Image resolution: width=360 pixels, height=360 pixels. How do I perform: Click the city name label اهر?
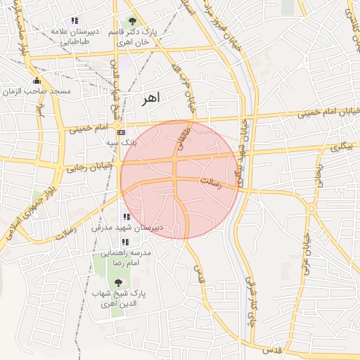click(x=150, y=98)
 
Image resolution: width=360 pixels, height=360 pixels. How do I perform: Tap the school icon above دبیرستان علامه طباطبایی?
click(x=75, y=20)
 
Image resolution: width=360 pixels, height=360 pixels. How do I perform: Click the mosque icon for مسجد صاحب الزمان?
click(x=37, y=80)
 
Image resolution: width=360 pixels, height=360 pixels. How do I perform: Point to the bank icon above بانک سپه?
click(x=122, y=131)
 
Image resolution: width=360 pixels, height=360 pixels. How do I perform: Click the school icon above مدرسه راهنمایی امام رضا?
click(x=126, y=242)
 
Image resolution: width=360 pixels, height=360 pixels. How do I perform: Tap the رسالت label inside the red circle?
click(x=211, y=182)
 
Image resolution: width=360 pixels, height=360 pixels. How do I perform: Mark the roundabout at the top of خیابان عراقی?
click(x=311, y=208)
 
